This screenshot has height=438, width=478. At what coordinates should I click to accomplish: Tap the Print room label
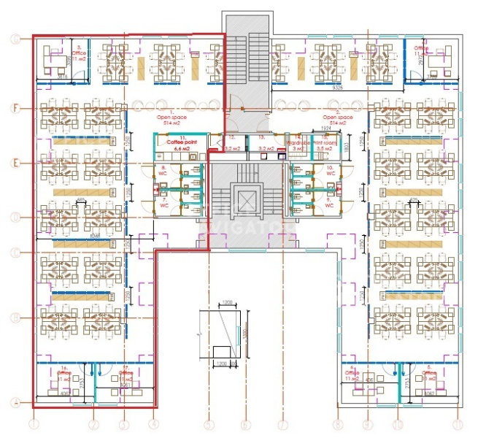325,142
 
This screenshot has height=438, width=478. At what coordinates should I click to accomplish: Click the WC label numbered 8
163,171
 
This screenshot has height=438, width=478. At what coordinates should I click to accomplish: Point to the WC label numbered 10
330,171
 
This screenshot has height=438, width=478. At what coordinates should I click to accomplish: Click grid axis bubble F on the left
14,108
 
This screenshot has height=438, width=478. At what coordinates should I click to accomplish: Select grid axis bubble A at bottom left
14,401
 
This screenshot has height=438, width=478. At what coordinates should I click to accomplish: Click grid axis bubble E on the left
14,162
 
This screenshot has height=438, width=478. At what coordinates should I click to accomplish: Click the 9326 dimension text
338,87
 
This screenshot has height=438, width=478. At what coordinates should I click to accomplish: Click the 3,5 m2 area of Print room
326,149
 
